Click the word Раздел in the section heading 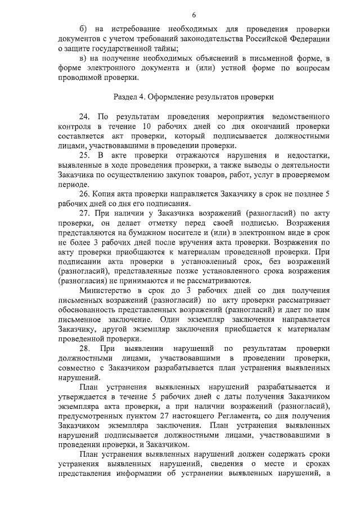point(127,97)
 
